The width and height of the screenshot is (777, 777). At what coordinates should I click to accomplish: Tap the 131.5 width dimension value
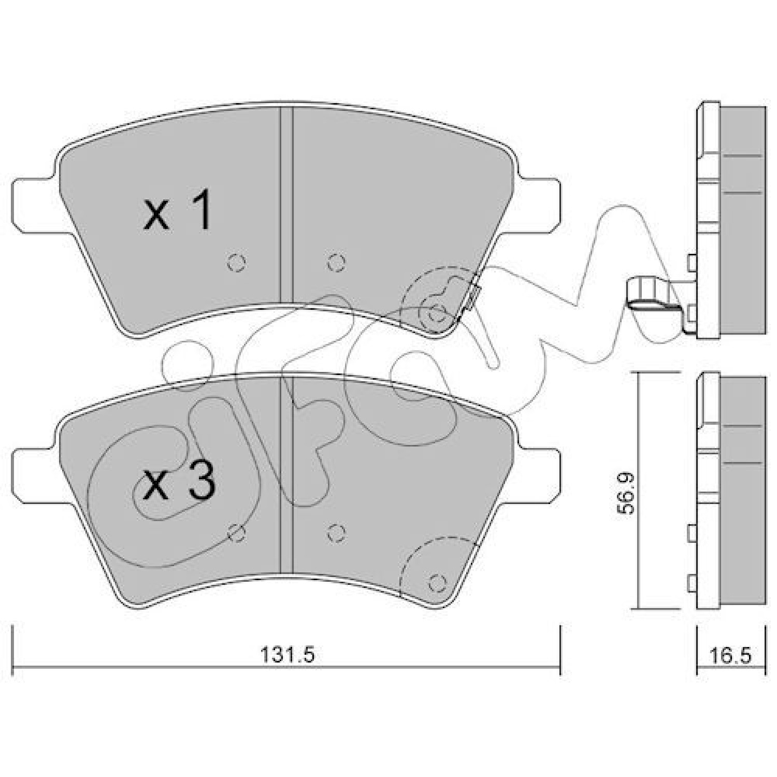287,655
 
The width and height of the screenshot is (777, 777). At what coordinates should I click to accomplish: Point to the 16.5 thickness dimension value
730,655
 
